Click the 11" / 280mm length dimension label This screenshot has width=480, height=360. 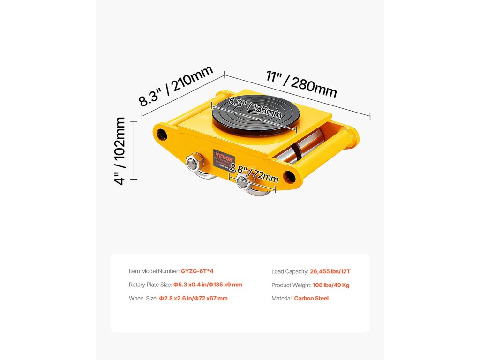(301, 84)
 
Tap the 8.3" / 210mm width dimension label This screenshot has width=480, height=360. (177, 86)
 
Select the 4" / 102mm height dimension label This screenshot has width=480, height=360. (120, 150)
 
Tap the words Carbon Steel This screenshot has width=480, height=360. (311, 298)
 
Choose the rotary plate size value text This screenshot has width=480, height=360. (208, 285)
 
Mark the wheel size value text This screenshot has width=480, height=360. (193, 298)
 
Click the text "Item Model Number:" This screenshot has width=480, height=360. (154, 271)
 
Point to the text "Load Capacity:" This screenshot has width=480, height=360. (290, 271)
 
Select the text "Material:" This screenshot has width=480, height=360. (282, 298)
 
